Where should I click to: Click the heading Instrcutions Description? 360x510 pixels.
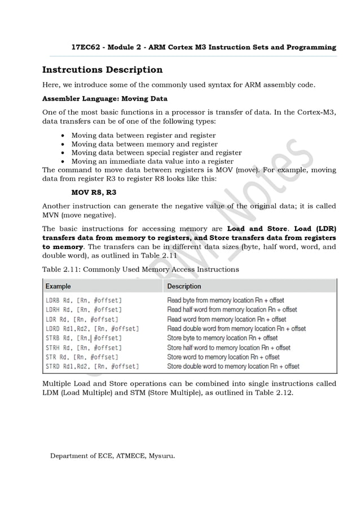click(x=102, y=70)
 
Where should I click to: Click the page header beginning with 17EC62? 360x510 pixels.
click(x=204, y=47)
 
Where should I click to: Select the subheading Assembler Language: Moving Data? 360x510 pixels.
click(x=105, y=99)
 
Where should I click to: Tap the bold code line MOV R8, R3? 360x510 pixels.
click(x=94, y=192)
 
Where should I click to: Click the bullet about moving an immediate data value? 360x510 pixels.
click(x=152, y=161)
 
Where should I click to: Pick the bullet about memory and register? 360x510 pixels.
click(x=144, y=144)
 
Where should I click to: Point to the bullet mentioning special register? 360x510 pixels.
click(x=156, y=152)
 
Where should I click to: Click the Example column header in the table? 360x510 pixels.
click(x=58, y=286)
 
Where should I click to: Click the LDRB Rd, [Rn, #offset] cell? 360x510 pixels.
click(x=84, y=300)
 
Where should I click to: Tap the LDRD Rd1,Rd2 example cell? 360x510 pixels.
click(x=92, y=329)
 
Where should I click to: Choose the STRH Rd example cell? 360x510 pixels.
click(x=84, y=348)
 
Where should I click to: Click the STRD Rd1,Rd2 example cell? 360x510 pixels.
click(x=92, y=367)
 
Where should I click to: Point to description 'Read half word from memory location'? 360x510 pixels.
click(x=232, y=310)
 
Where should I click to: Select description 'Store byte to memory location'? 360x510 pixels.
click(x=222, y=338)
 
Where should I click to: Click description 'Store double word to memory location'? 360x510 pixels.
click(x=233, y=367)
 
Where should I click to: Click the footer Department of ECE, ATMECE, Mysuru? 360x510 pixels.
click(x=113, y=456)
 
